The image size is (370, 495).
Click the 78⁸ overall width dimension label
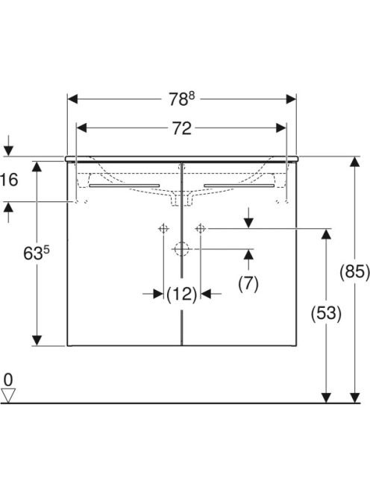tap(181, 99)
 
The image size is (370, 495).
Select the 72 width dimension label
tap(182, 128)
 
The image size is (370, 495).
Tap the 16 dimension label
tap(10, 180)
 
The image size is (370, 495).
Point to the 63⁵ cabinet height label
tap(37, 253)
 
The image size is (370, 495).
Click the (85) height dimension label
tap(354, 271)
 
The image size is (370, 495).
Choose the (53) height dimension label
tap(326, 314)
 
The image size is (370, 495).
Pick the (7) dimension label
tap(248, 283)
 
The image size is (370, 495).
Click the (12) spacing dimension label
tap(182, 294)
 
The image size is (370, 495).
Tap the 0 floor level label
tap(8, 379)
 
